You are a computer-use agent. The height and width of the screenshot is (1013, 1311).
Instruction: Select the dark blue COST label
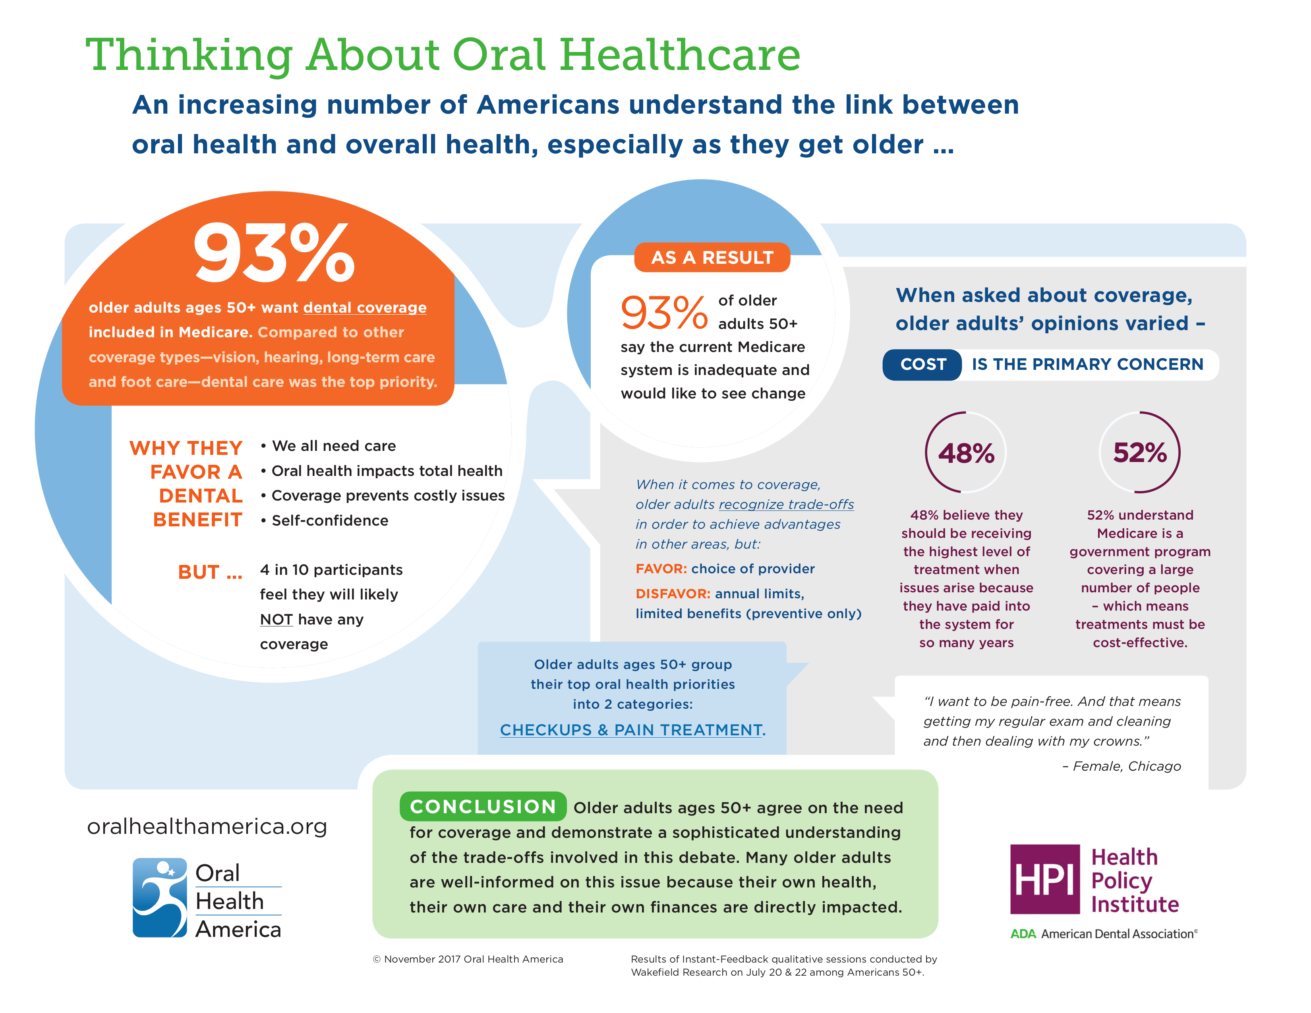(x=922, y=364)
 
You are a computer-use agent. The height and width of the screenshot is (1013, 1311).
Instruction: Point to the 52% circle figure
(x=1139, y=452)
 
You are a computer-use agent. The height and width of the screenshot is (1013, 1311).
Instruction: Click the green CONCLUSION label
(x=483, y=806)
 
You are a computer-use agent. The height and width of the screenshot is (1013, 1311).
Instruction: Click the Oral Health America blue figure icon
(x=160, y=897)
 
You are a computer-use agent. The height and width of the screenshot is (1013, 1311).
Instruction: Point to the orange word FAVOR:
(x=661, y=568)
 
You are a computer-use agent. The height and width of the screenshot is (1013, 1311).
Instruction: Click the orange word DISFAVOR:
(x=672, y=593)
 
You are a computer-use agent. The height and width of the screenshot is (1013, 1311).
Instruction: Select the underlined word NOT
(x=276, y=619)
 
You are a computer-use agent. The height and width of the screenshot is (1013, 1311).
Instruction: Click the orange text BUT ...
(x=209, y=572)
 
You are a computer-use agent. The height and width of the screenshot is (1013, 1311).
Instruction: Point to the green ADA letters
(x=1023, y=934)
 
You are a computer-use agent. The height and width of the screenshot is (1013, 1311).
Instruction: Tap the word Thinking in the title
(x=189, y=55)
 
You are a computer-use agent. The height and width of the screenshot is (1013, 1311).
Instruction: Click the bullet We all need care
(x=333, y=446)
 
